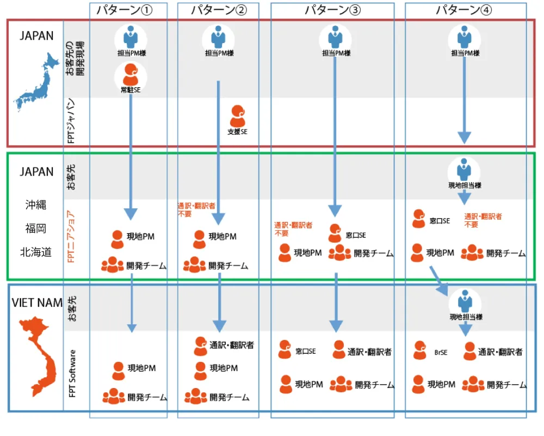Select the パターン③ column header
(x=332, y=10)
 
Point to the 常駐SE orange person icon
(x=131, y=74)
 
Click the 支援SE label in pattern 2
(x=237, y=132)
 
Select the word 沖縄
(x=36, y=205)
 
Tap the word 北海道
(x=36, y=252)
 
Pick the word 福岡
(x=36, y=228)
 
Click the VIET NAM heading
(x=37, y=303)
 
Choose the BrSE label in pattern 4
(x=441, y=352)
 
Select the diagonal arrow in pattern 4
(x=439, y=280)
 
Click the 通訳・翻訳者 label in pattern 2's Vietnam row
(x=231, y=345)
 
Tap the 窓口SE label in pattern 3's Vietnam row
(x=305, y=352)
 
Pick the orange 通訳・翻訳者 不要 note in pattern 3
(x=293, y=229)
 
